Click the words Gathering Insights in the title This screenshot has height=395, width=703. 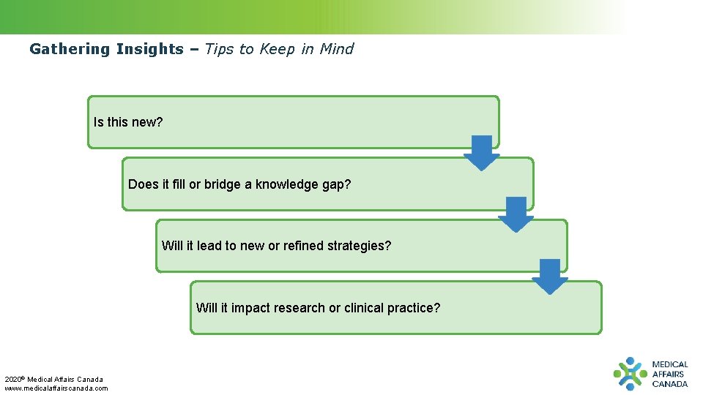click(x=106, y=50)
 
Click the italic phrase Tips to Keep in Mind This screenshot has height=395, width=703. click(x=279, y=50)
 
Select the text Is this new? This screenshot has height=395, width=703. click(x=128, y=122)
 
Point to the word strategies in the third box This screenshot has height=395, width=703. click(x=360, y=246)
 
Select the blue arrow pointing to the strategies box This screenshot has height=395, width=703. click(x=516, y=214)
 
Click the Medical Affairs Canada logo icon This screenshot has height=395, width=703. click(x=630, y=374)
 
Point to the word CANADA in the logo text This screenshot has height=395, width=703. click(x=670, y=384)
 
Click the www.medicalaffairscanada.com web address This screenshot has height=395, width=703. click(x=56, y=388)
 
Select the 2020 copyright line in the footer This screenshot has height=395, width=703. click(x=54, y=379)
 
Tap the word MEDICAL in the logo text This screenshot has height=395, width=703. click(x=670, y=364)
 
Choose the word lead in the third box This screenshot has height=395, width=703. click(x=209, y=246)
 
